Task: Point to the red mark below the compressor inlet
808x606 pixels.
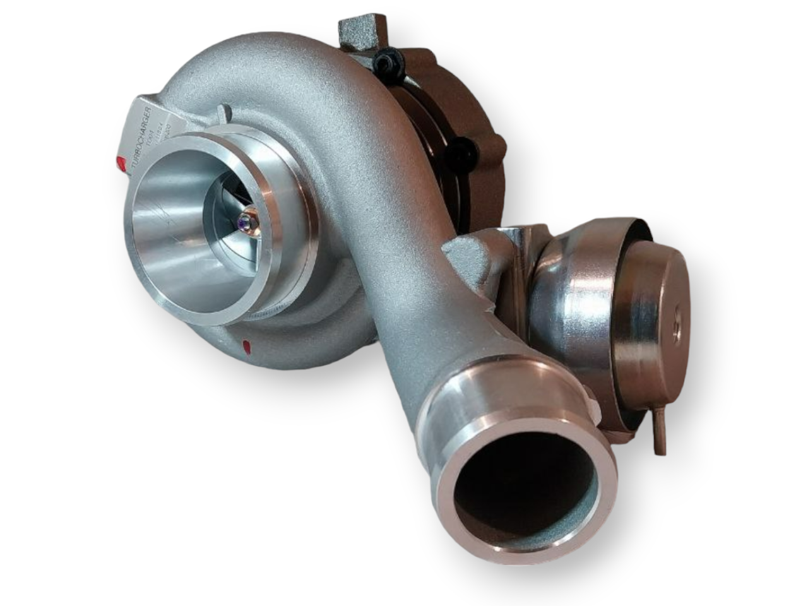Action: click(246, 346)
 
